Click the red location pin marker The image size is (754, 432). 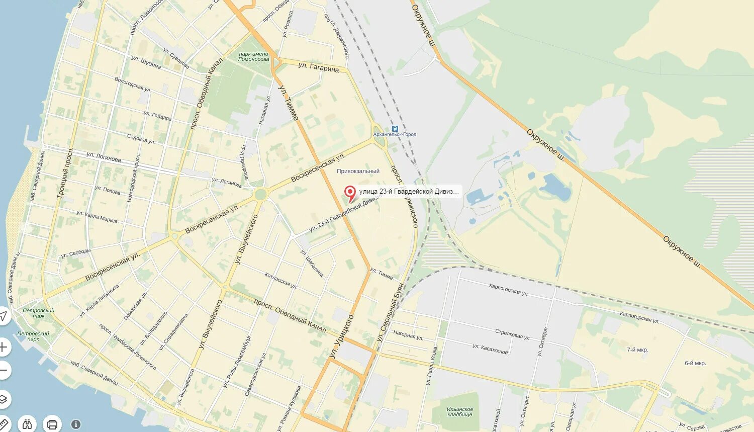pos(350,192)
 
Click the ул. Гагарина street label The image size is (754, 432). pos(318,67)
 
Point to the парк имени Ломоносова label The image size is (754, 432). pos(254,56)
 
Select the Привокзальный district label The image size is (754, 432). pos(358,171)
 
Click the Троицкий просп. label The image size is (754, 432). pos(65,172)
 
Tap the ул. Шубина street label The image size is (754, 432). pos(146,62)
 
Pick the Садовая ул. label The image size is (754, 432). pos(141,139)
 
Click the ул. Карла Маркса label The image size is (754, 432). pos(97,217)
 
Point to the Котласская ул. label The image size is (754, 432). pos(280,281)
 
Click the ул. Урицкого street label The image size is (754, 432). pos(342,336)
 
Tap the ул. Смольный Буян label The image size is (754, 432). pos(391,309)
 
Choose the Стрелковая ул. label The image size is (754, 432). pos(512,334)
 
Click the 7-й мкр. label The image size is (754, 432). pos(637,350)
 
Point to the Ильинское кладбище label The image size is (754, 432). pos(459,412)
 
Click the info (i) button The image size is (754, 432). pos(76,424)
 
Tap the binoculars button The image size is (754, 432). pos(28,423)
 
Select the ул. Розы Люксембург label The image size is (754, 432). pos(237,361)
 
